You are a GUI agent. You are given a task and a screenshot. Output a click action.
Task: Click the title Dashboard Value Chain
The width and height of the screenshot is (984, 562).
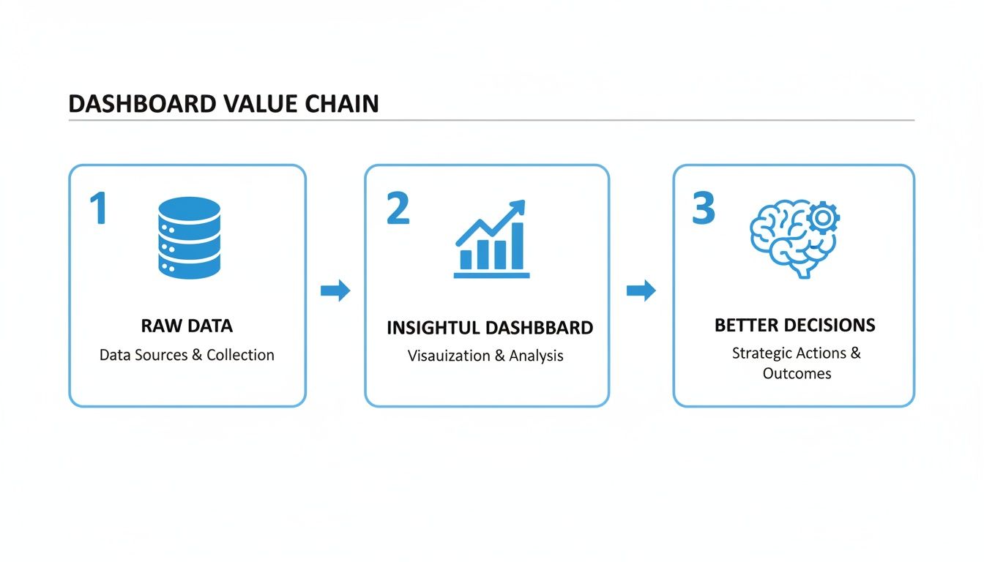223,103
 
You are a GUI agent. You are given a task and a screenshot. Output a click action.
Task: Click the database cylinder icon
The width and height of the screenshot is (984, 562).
189,237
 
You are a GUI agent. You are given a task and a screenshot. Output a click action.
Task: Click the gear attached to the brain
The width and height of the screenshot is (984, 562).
824,217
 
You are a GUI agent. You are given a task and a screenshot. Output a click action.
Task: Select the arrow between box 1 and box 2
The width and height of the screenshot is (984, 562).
335,291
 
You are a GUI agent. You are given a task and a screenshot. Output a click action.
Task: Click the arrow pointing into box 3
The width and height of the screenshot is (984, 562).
641,291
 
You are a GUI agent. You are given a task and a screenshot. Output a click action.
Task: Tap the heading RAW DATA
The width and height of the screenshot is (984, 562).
187,326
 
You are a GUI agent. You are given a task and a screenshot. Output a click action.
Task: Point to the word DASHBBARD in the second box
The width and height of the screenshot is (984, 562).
540,328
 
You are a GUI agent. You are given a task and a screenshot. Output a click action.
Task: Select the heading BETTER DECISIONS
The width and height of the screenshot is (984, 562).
794,325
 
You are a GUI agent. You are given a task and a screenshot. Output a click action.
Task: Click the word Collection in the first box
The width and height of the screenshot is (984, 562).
240,355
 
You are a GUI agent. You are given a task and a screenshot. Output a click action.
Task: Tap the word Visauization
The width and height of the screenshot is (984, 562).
449,356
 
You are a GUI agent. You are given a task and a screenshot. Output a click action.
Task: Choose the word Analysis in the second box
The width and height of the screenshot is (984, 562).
536,356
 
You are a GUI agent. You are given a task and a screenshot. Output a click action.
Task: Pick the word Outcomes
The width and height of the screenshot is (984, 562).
797,373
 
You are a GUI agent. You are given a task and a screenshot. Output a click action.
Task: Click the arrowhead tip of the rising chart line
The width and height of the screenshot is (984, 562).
521,204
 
